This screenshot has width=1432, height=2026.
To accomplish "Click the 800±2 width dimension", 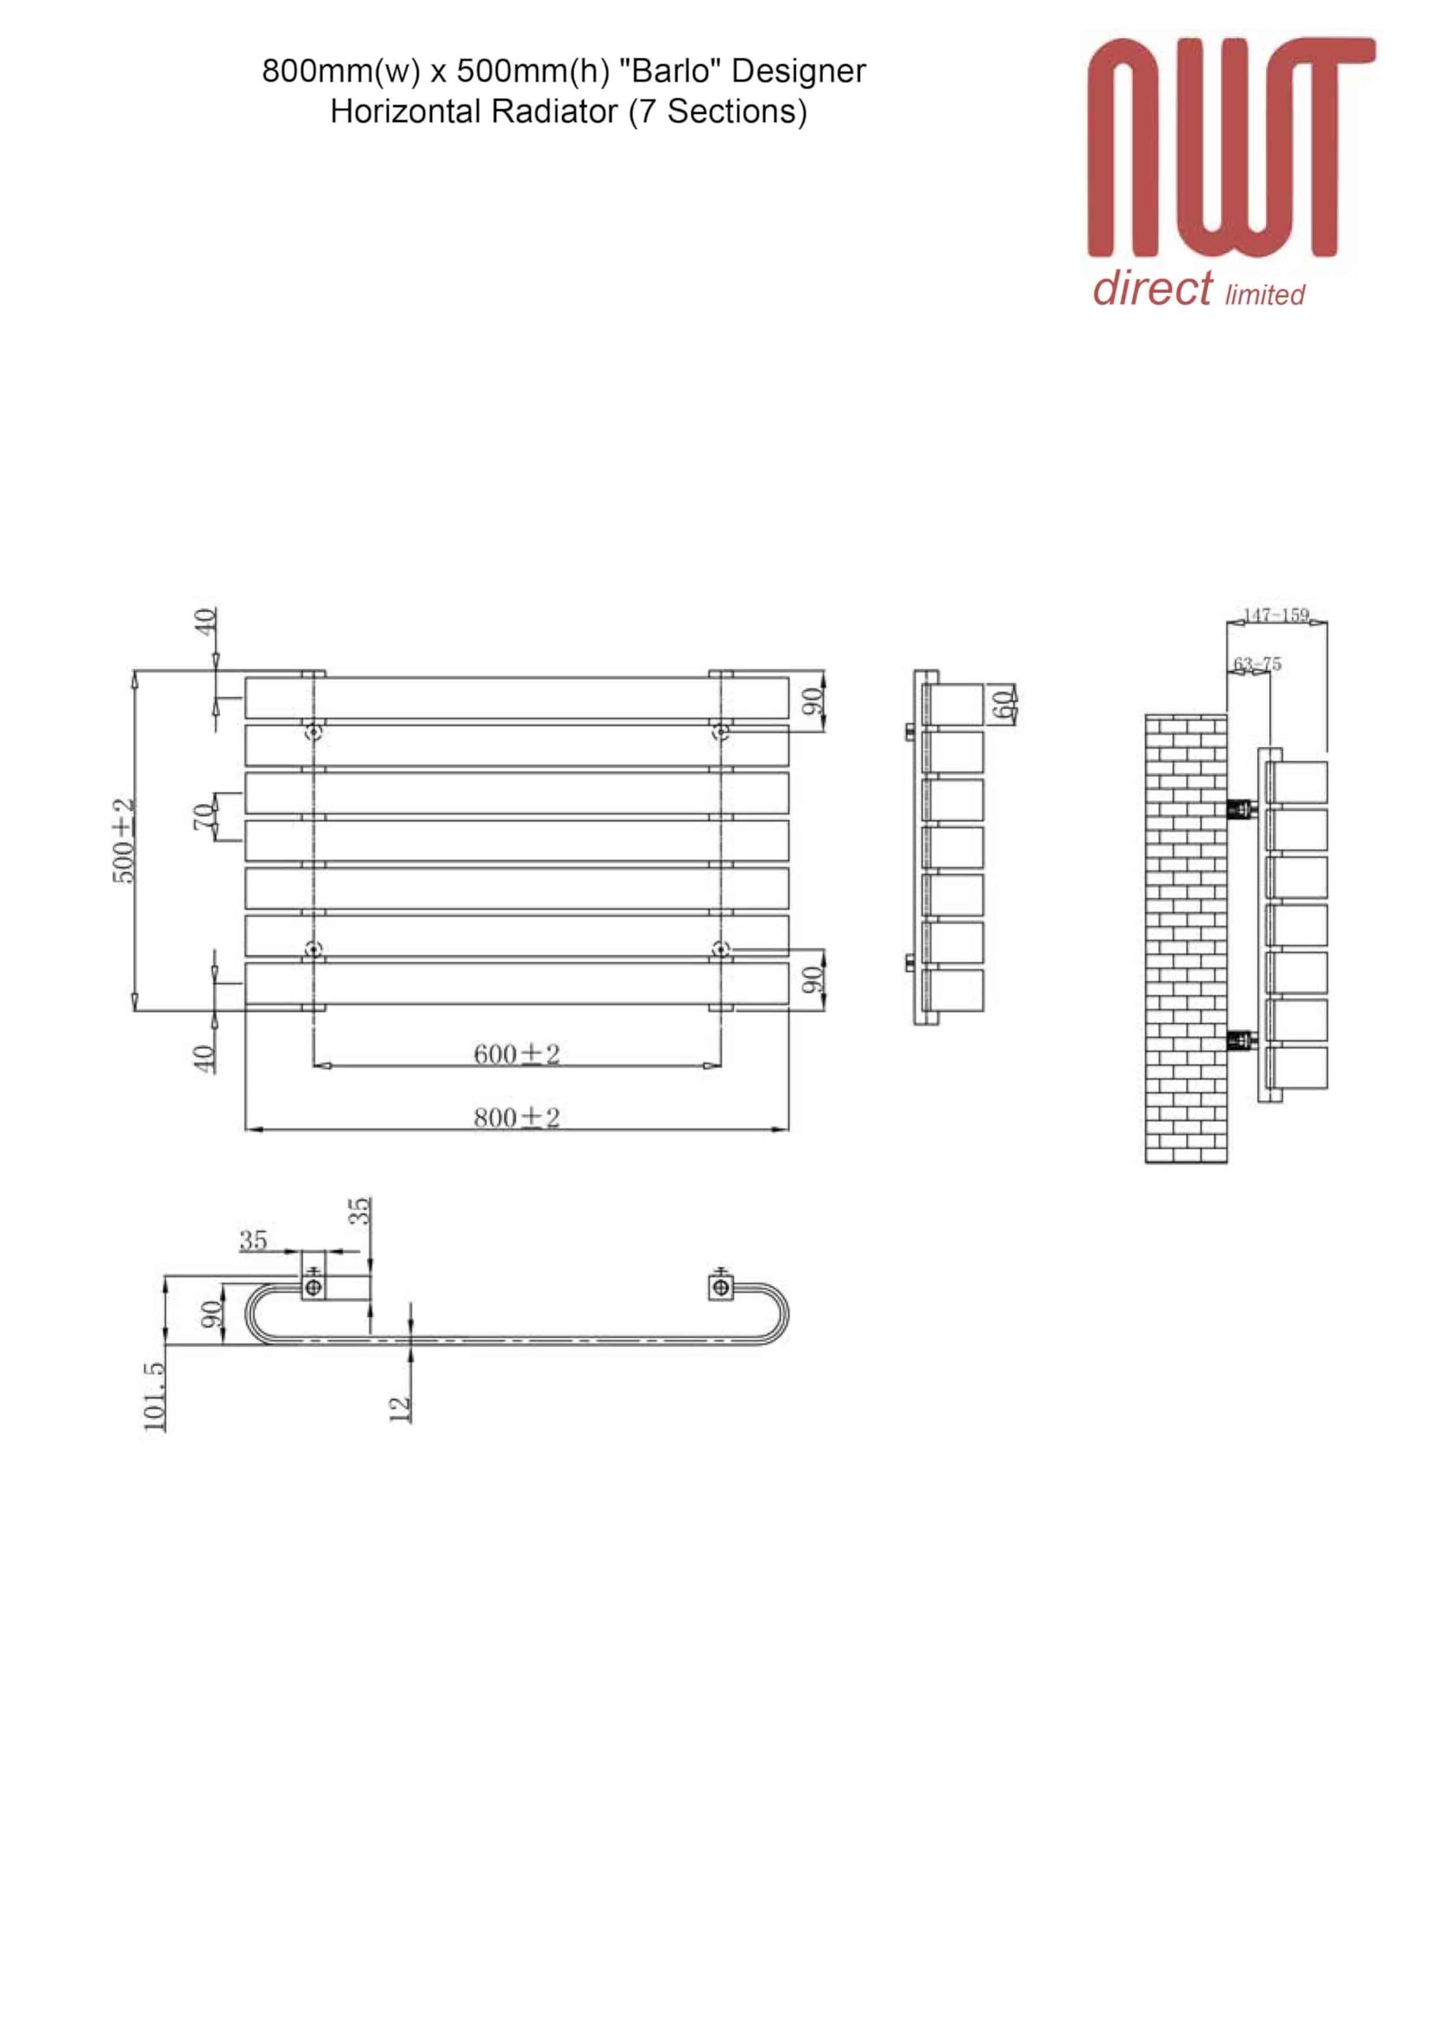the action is coord(516,1117).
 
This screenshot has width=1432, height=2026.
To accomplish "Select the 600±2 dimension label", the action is coord(516,1053).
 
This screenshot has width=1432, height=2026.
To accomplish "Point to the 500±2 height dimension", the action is coord(123,840).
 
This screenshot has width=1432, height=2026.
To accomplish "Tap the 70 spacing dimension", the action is coord(204,816).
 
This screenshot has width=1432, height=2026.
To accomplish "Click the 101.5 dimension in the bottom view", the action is coord(153,1396).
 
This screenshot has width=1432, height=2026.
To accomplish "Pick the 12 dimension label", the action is coord(400,1409).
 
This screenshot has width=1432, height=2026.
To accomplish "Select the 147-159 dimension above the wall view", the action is coord(1276,615).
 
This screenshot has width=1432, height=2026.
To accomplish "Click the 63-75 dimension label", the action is coord(1257,663).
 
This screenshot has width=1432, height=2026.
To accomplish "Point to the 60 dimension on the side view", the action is coord(1002,704).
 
